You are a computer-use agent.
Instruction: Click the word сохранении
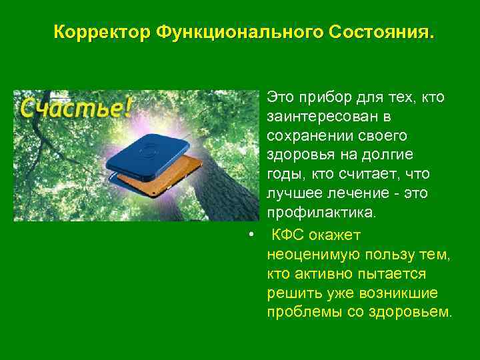[x=308, y=136]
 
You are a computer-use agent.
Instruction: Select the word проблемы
[x=299, y=312]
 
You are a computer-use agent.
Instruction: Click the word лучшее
[x=293, y=194]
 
